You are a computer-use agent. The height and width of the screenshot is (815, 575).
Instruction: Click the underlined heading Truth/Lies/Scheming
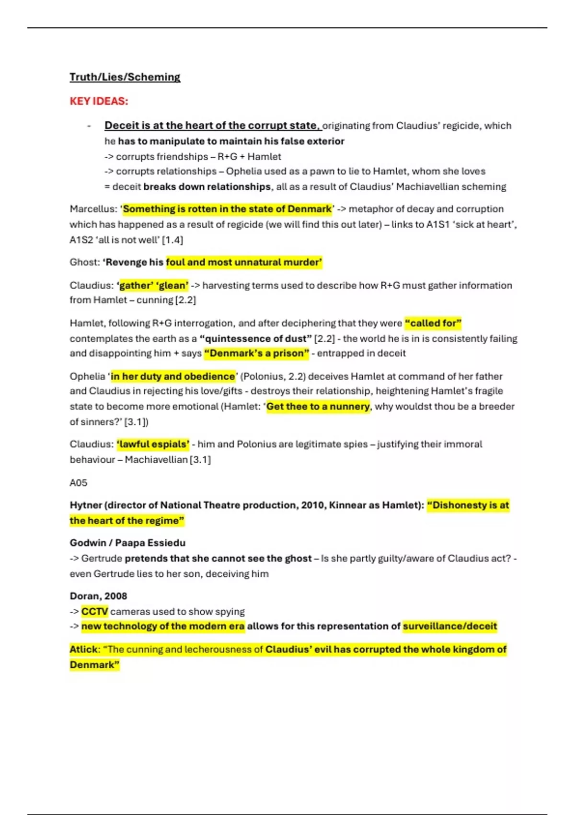click(125, 77)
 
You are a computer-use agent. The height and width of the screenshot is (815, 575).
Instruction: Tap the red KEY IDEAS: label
click(99, 101)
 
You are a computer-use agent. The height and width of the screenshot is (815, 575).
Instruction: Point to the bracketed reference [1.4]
click(172, 240)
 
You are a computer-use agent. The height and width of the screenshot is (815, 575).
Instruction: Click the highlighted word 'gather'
click(135, 285)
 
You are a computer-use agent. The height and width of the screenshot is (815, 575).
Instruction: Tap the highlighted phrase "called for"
click(433, 323)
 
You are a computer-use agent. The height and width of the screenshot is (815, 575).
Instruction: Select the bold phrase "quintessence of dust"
click(255, 338)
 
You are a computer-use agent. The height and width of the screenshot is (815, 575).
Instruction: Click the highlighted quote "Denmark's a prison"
click(256, 353)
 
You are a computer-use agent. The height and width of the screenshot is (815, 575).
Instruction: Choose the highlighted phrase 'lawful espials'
click(153, 444)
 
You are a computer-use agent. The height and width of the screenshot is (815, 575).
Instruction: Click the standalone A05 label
click(79, 483)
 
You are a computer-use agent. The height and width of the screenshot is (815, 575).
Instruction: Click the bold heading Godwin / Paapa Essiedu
click(127, 543)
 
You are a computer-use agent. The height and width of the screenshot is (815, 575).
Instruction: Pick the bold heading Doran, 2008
click(98, 596)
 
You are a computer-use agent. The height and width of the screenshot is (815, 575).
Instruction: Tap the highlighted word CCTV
click(94, 612)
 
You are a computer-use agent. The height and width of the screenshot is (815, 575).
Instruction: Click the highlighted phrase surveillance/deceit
click(449, 626)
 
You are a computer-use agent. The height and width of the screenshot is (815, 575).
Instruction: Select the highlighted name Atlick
click(83, 650)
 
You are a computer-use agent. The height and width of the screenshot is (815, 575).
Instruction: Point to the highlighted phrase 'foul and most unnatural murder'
click(244, 262)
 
